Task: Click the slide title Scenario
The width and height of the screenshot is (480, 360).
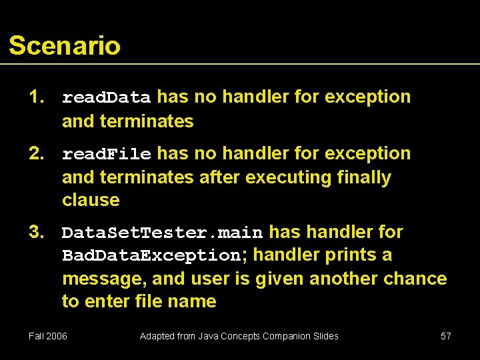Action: click(x=65, y=46)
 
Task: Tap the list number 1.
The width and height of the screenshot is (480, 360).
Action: click(x=35, y=97)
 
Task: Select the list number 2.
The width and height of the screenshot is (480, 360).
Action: click(x=35, y=153)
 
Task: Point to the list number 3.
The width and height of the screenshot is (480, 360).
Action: click(x=35, y=232)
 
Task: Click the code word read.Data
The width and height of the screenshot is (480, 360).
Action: click(x=107, y=97)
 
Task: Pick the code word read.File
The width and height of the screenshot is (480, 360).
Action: click(x=107, y=154)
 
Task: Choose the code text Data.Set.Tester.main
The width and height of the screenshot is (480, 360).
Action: click(x=162, y=233)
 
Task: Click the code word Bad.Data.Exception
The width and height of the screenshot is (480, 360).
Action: click(x=151, y=255)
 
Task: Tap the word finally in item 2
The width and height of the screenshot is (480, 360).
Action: click(x=365, y=177)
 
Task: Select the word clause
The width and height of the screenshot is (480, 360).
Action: click(x=91, y=200)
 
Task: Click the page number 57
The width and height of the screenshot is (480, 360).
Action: click(x=446, y=336)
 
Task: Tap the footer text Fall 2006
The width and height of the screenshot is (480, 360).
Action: click(x=48, y=336)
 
